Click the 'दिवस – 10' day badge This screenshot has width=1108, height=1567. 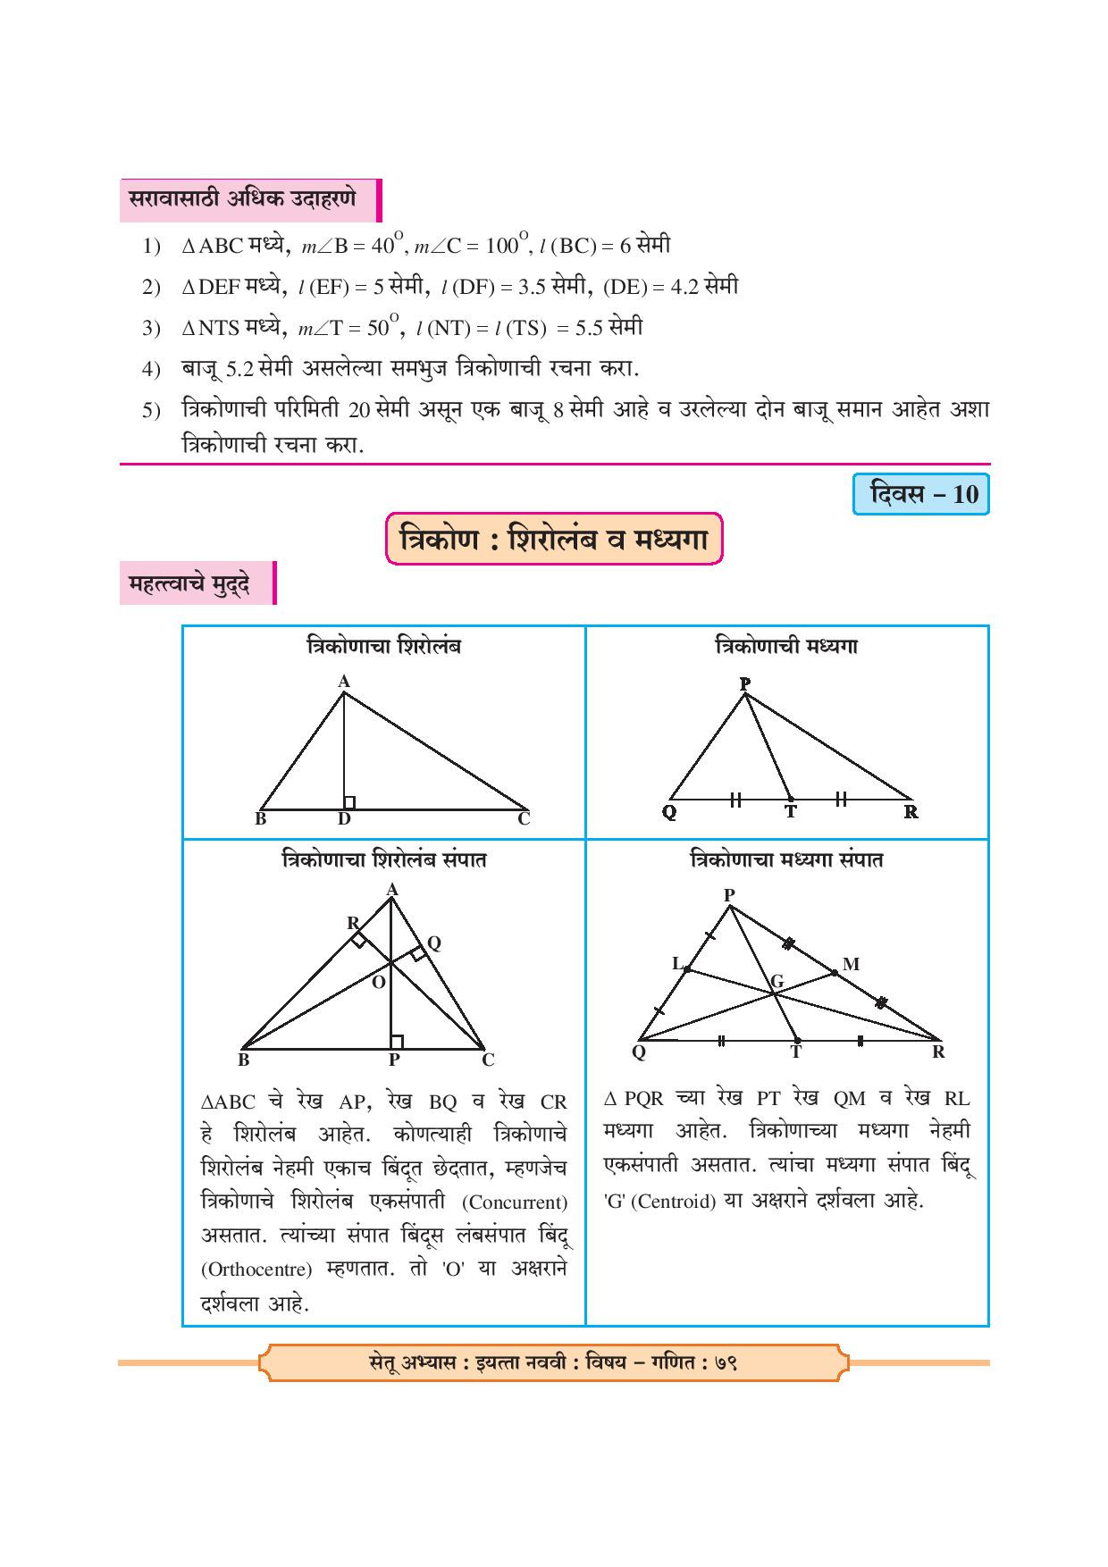click(x=921, y=494)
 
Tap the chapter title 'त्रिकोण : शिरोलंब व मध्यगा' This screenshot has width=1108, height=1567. click(x=553, y=539)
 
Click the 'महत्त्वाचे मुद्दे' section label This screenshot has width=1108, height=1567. click(x=189, y=584)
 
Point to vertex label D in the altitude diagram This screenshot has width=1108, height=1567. click(x=345, y=819)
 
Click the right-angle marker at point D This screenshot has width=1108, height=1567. click(x=349, y=802)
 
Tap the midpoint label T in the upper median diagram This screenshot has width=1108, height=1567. click(x=790, y=812)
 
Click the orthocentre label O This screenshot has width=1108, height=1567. click(x=378, y=982)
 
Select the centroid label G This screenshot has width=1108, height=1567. click(x=777, y=982)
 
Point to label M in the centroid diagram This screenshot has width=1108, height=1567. click(x=851, y=964)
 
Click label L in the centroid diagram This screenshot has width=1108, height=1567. click(x=677, y=963)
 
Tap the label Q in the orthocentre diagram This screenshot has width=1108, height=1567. click(x=434, y=943)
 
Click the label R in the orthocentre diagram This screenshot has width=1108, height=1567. click(x=353, y=923)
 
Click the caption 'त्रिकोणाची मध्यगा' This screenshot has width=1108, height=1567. click(x=786, y=646)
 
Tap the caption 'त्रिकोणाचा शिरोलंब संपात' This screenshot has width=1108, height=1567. click(x=383, y=860)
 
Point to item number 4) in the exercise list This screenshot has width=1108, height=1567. click(x=150, y=369)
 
